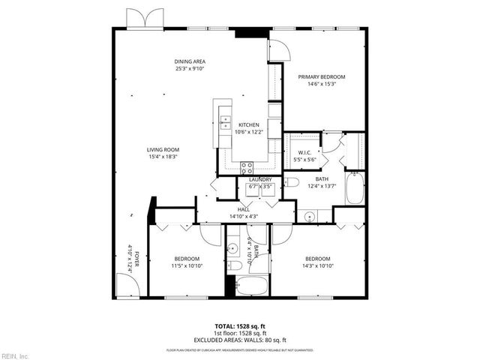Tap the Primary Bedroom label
tap(321, 77)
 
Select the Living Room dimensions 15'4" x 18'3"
tap(163, 157)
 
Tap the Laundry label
tap(260, 180)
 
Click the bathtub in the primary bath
tap(355, 187)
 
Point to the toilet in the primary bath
tap(293, 182)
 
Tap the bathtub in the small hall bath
tap(250, 286)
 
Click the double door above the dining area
tap(144, 19)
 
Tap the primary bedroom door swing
tap(278, 49)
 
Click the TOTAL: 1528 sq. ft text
tap(240, 326)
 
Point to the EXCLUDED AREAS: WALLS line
tap(240, 340)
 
